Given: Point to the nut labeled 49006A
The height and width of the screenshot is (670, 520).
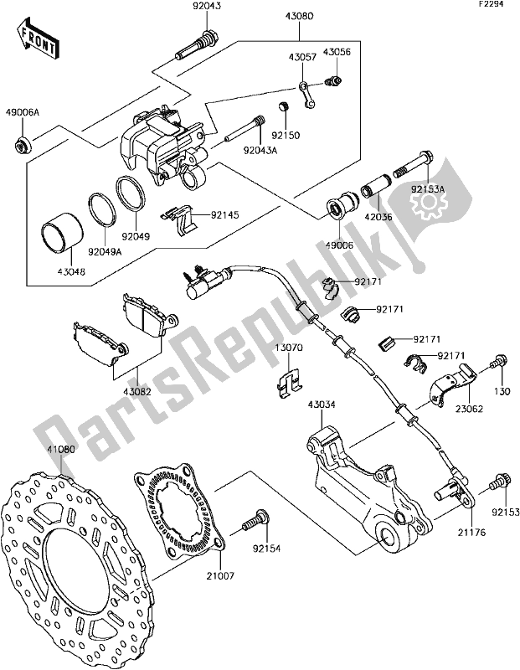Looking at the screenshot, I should click(x=20, y=148).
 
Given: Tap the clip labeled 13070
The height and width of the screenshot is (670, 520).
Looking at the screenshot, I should click(x=289, y=380).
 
